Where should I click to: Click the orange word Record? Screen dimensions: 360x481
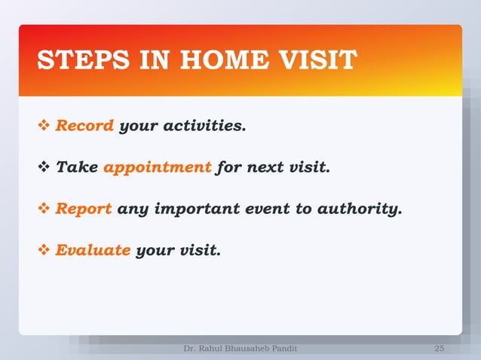[x=84, y=126]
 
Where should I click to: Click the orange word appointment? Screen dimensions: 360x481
[x=157, y=167]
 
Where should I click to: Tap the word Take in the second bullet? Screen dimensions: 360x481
[x=77, y=167]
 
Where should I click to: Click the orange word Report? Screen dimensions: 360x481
[x=84, y=209]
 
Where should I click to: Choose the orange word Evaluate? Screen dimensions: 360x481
[x=93, y=250]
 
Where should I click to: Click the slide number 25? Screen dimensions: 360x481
[x=440, y=349]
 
